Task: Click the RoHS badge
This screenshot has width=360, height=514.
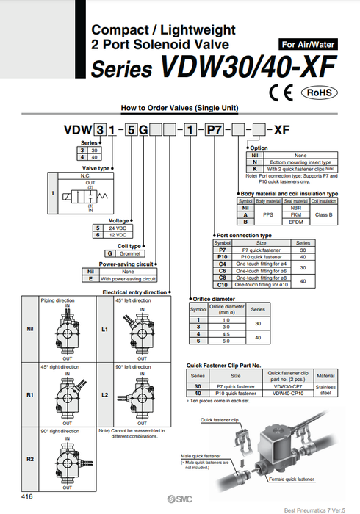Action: point(319,93)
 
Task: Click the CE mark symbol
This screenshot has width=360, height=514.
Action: point(282,93)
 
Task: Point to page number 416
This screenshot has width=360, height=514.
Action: point(27,497)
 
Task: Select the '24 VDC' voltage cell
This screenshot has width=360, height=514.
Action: point(119,228)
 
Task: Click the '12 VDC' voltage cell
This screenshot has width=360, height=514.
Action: point(119,235)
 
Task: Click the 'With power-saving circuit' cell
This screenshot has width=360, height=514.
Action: point(129,279)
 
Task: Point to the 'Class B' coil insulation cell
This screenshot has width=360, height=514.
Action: point(323,214)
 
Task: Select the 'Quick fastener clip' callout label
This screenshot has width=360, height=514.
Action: point(220,421)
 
